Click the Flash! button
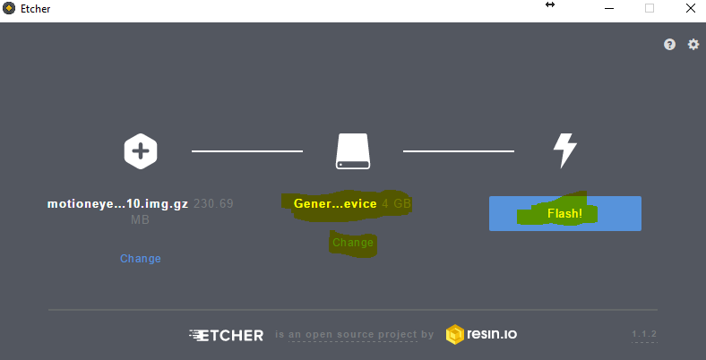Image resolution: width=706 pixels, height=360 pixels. click(564, 214)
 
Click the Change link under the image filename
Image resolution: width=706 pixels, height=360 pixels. click(141, 259)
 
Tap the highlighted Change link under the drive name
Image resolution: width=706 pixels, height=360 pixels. click(352, 243)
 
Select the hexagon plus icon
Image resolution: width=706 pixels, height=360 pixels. click(141, 150)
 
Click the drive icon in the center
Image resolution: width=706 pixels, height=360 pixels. click(352, 151)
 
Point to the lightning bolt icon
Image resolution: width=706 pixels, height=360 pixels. click(564, 150)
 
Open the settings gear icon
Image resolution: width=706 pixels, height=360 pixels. click(693, 45)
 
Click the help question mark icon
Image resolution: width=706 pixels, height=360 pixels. click(669, 45)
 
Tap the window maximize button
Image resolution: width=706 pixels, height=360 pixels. click(650, 8)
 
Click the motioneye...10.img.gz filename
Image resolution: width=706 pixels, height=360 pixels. click(117, 204)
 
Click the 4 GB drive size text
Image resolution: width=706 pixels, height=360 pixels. click(397, 204)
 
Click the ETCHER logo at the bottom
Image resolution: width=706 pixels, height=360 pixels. click(227, 335)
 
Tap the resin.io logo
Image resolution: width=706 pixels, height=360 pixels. click(481, 335)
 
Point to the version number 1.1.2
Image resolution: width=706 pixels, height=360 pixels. click(644, 335)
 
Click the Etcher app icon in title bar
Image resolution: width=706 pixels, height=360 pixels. click(9, 9)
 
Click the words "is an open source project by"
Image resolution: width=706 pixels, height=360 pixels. click(355, 335)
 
